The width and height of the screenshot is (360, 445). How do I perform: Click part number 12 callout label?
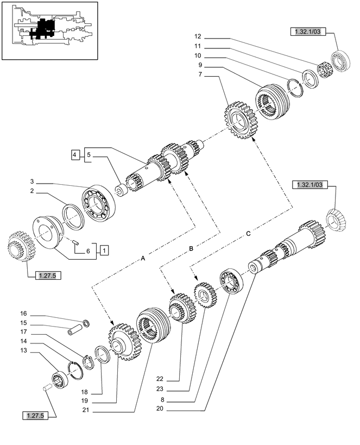click(x=198, y=36)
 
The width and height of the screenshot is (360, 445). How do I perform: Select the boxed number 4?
click(x=74, y=155)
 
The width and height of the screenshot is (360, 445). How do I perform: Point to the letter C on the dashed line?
click(x=248, y=234)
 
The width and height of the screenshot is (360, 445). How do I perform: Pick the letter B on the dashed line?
click(x=191, y=248)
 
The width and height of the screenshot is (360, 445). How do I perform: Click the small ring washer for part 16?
click(x=86, y=324)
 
